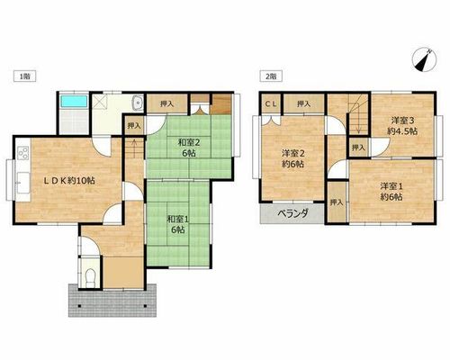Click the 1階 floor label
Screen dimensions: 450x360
click(25, 76)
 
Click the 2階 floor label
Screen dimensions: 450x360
click(271, 76)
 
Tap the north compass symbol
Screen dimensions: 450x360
click(424, 59)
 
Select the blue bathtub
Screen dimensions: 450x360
click(74, 102)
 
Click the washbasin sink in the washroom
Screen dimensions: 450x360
click(138, 103)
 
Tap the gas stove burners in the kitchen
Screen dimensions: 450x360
click(23, 153)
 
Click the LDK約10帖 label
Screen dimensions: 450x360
click(69, 181)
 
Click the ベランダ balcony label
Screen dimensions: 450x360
click(292, 213)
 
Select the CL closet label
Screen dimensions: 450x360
click(271, 104)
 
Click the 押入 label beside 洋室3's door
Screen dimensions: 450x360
click(358, 148)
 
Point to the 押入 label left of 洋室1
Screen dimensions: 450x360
click(337, 202)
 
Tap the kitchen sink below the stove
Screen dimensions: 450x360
click(23, 183)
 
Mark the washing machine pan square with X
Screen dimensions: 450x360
click(99, 102)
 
